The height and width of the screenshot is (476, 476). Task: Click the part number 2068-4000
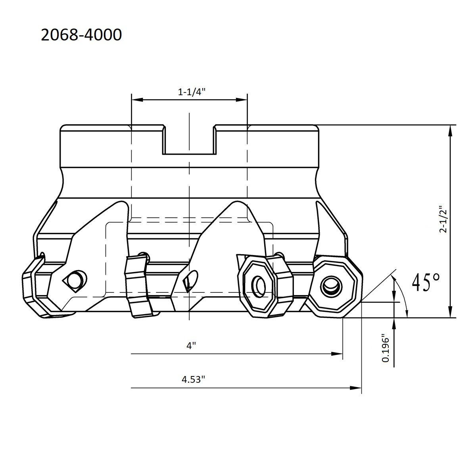tap(81, 35)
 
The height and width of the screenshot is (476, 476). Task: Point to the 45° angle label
tap(426, 282)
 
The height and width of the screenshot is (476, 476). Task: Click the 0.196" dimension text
tap(385, 348)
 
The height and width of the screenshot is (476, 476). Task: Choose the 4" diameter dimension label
tap(192, 346)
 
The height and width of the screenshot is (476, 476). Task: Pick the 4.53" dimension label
tap(193, 379)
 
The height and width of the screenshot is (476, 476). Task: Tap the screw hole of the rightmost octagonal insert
tap(330, 285)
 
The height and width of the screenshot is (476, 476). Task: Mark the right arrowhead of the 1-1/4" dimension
tap(243, 100)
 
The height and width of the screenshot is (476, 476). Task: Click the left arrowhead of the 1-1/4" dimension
tap(136, 100)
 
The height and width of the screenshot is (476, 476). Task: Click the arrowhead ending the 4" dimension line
tap(338, 353)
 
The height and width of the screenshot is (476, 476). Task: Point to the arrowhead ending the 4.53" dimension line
tap(357, 388)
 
